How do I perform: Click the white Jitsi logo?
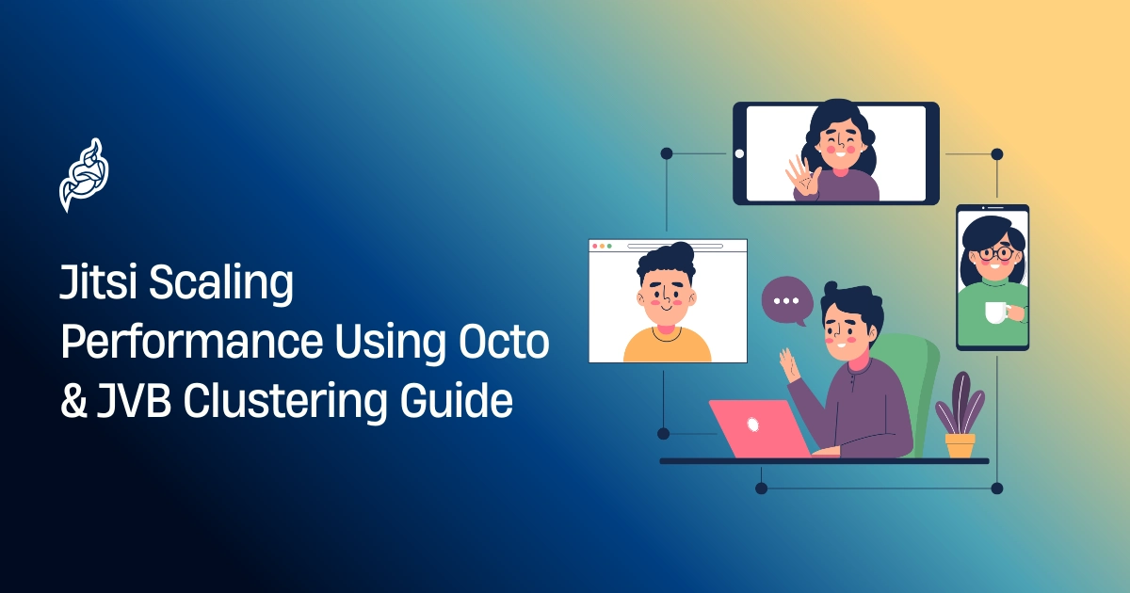click(83, 175)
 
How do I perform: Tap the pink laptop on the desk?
click(754, 427)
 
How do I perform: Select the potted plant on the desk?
click(960, 414)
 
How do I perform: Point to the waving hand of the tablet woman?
click(801, 176)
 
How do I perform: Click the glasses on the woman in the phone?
click(994, 253)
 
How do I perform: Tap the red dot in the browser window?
click(595, 246)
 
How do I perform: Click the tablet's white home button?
click(739, 153)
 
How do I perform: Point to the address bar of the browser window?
click(674, 246)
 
